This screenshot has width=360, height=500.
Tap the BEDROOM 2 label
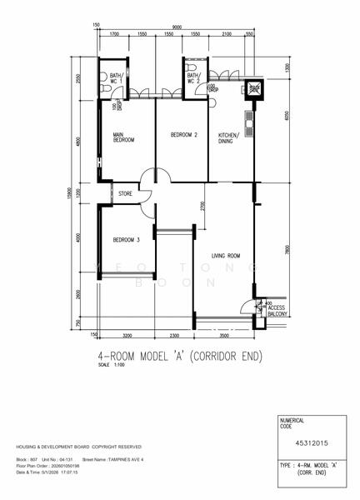pyautogui.click(x=183, y=134)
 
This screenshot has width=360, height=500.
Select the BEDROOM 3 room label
pyautogui.click(x=126, y=240)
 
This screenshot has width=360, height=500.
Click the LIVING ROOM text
pyautogui.click(x=226, y=257)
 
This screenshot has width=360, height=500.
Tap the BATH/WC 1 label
pyautogui.click(x=117, y=80)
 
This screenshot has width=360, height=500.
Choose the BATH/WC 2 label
pyautogui.click(x=194, y=78)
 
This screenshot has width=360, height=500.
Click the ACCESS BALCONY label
pyautogui.click(x=277, y=312)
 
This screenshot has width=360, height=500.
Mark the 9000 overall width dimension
pyautogui.click(x=178, y=25)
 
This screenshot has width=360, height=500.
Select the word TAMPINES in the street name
pyautogui.click(x=122, y=459)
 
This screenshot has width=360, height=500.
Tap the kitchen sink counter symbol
pyautogui.click(x=247, y=120)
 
